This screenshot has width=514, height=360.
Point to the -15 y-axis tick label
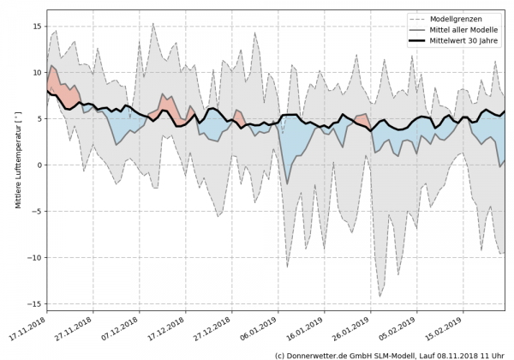coord(35,304)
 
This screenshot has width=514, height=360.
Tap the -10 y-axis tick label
coord(35,258)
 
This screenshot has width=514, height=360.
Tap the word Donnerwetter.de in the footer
coord(321,354)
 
